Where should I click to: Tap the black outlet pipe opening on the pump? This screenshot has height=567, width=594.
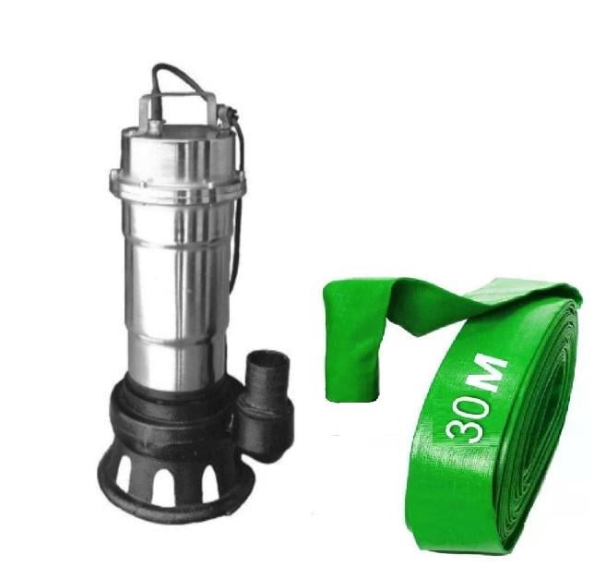click(x=265, y=356)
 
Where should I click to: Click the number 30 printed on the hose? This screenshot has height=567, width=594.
click(x=469, y=417)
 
